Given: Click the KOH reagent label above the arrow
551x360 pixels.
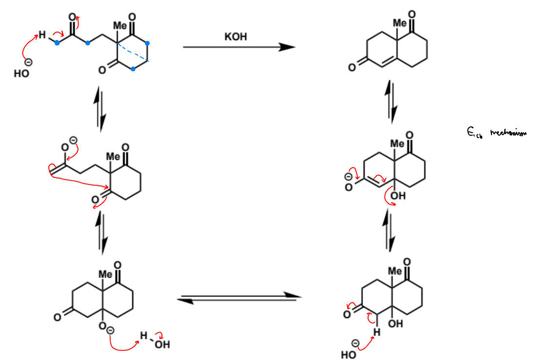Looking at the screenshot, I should pos(236,37).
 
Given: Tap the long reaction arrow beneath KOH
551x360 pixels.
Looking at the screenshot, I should pos(239,47).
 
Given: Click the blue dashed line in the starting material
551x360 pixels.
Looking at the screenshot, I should pos(133,53).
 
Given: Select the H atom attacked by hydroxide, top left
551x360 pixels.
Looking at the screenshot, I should pos(42,35).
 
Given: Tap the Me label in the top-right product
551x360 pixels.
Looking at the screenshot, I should pos(399,23).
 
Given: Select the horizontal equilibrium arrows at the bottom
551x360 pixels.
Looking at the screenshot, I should pos(238,298).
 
